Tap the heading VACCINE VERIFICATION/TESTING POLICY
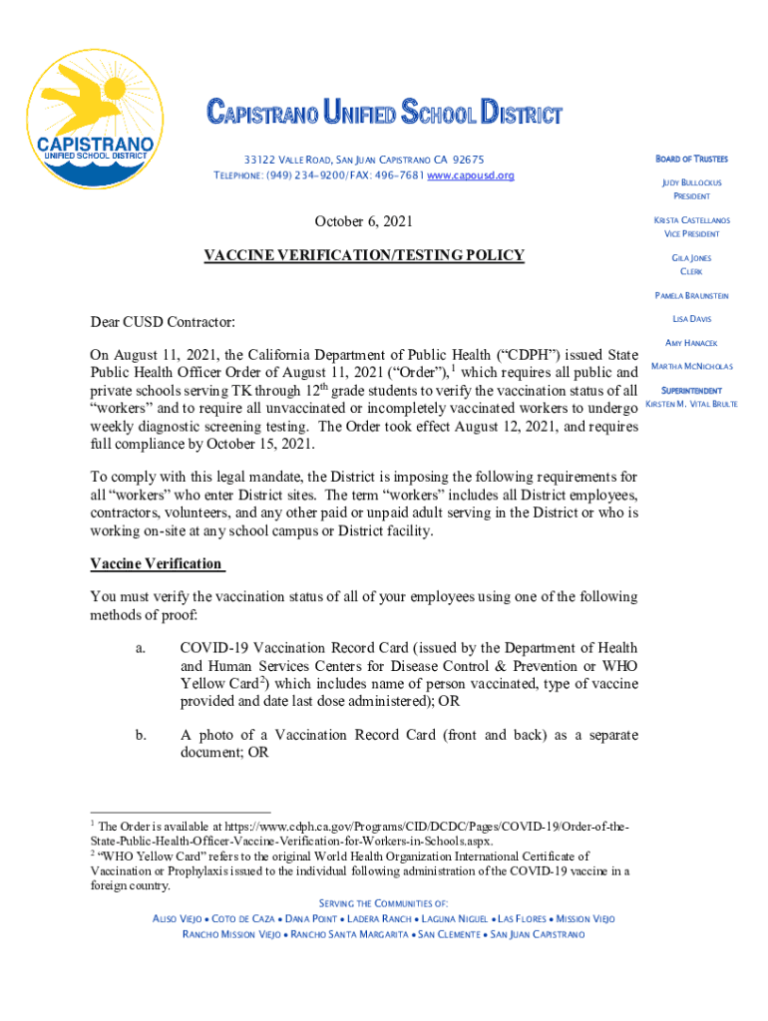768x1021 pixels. (363, 255)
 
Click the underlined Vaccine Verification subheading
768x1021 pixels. (156, 563)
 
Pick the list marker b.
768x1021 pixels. (141, 735)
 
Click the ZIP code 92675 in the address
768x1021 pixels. (468, 160)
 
